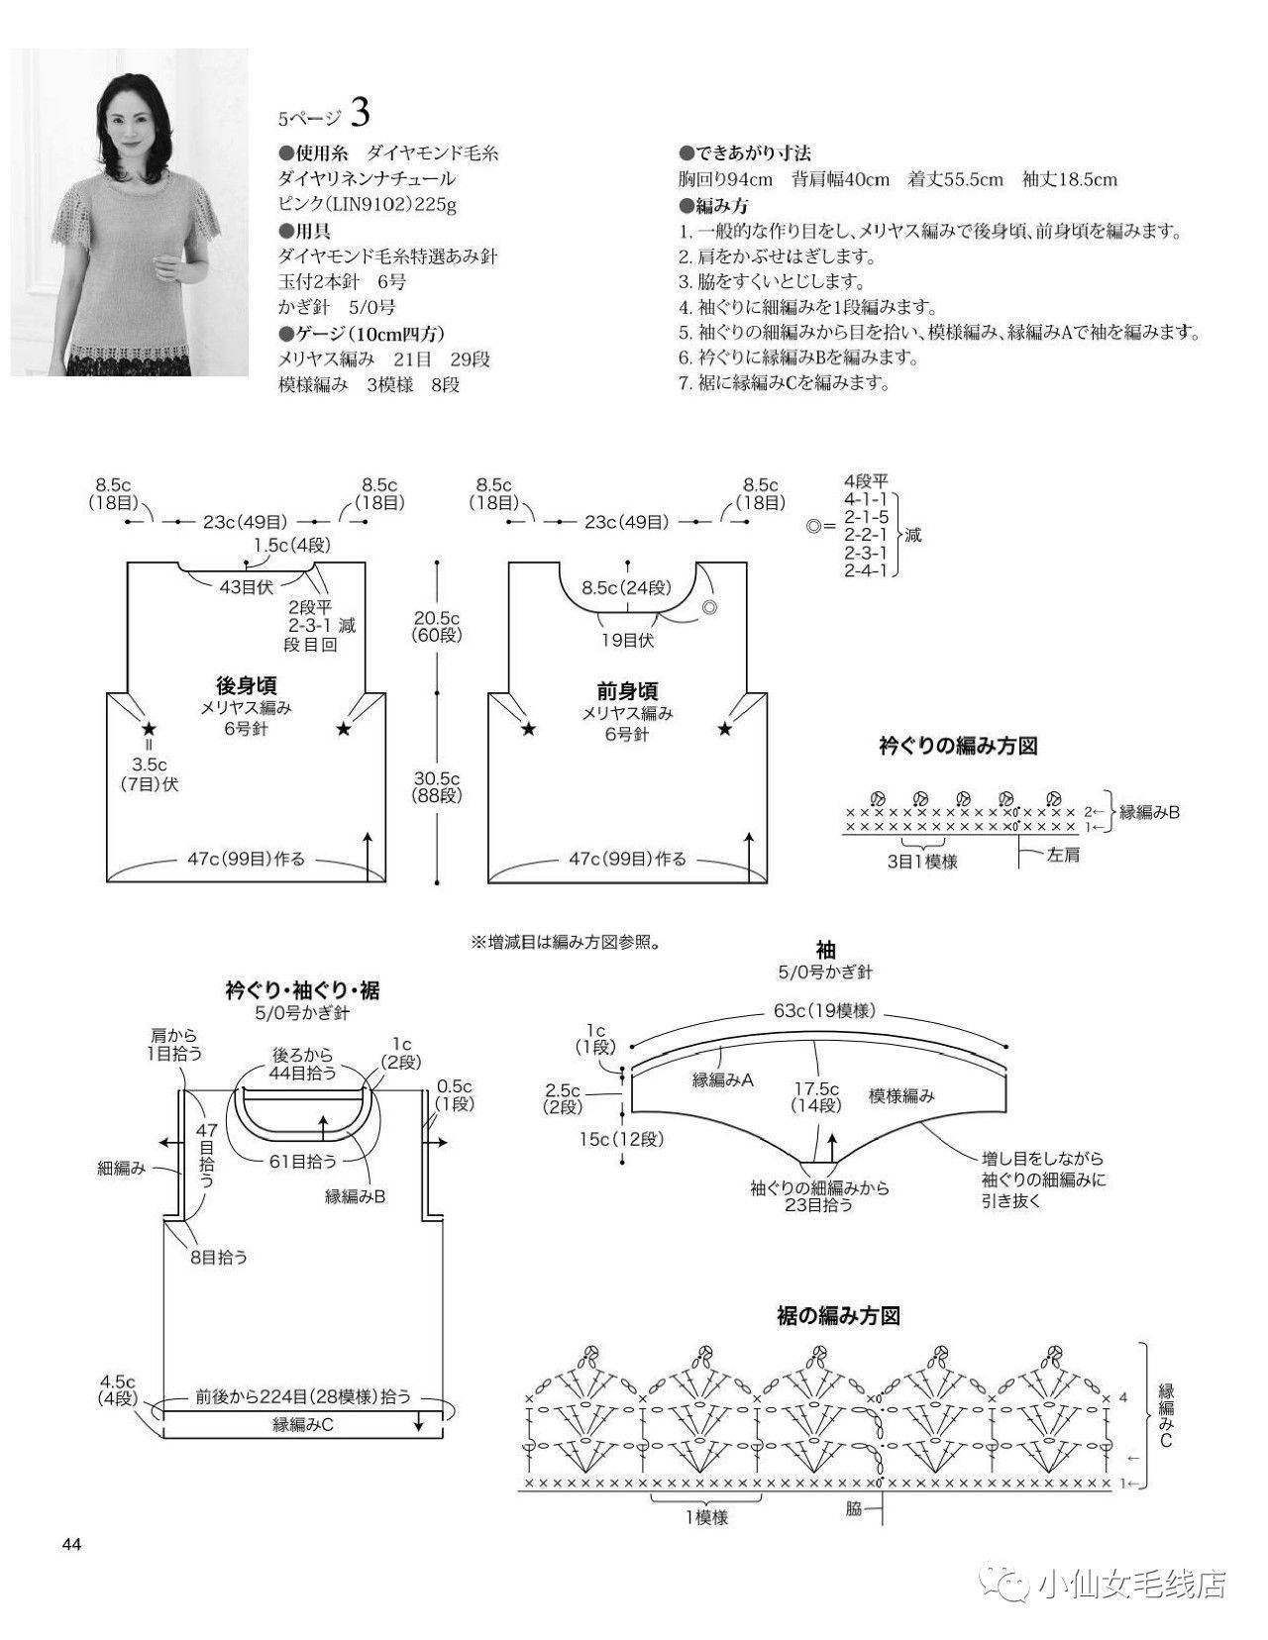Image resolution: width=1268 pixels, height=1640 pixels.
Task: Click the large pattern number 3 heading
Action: [x=360, y=113]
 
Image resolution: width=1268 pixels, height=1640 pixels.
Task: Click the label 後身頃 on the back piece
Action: [x=246, y=685]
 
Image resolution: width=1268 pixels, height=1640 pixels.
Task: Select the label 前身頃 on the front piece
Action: [x=627, y=690]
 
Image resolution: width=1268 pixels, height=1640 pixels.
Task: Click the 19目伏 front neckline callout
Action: [x=627, y=641]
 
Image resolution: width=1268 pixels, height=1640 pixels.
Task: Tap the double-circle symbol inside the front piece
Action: [x=709, y=607]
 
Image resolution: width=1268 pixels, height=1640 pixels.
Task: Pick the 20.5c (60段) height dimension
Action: [x=437, y=627]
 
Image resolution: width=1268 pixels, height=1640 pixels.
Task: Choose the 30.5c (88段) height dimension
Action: [x=437, y=786]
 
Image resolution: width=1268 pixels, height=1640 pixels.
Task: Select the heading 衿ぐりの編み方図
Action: [x=958, y=747]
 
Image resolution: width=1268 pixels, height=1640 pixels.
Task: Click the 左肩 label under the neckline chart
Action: [x=1063, y=855]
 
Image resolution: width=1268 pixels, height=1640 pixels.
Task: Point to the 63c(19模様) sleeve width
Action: [x=825, y=1010]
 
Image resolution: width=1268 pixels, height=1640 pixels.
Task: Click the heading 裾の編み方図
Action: [x=838, y=1316]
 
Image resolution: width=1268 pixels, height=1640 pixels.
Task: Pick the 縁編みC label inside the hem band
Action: [x=303, y=1424]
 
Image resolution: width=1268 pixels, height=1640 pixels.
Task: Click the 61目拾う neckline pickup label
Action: [x=303, y=1161]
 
